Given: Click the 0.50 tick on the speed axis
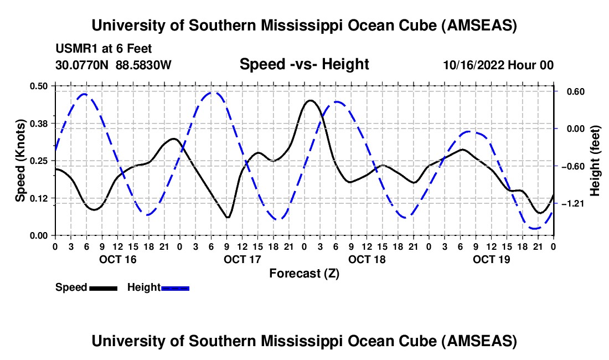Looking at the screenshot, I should click(40, 86).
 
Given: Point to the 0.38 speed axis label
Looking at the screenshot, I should click(40, 123).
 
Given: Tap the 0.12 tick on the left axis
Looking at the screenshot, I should click(40, 198).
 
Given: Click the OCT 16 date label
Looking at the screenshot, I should click(117, 259).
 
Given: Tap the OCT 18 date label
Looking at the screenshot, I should click(367, 259).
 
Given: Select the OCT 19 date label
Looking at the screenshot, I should click(491, 259).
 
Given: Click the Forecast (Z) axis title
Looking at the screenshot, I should click(304, 273).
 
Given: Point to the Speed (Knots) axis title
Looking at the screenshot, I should click(20, 161).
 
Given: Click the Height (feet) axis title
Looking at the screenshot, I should click(595, 161).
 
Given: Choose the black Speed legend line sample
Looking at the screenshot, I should click(103, 288).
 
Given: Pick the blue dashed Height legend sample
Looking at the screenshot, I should click(175, 288).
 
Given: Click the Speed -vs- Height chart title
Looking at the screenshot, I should click(304, 64).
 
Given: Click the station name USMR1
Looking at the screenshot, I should click(74, 49).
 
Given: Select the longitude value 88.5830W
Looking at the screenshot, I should click(143, 65).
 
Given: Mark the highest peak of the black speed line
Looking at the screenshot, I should click(310, 100).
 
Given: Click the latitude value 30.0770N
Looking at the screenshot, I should click(82, 65).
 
